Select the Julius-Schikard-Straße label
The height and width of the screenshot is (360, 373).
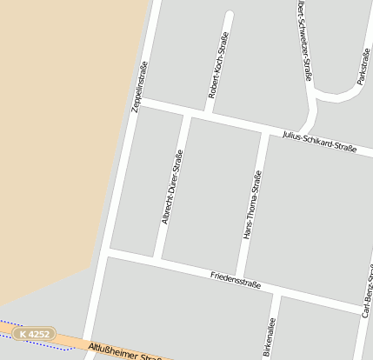point(319,142)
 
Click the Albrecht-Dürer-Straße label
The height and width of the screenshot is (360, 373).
point(171,187)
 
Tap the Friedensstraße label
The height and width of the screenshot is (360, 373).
point(236,281)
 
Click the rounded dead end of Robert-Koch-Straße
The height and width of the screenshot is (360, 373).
point(230,15)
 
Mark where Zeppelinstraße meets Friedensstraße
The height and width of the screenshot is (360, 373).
point(104,252)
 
